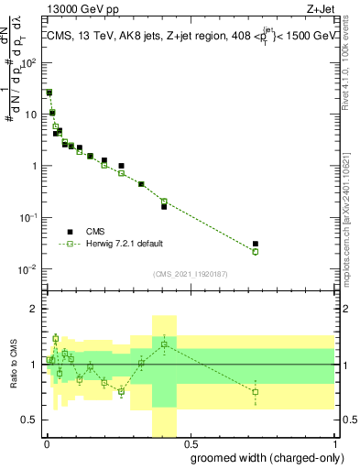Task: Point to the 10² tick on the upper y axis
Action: coord(31,63)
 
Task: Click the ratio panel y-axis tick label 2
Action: coord(35,309)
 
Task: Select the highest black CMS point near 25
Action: coord(49,93)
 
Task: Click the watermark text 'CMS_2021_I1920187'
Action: coord(191,273)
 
